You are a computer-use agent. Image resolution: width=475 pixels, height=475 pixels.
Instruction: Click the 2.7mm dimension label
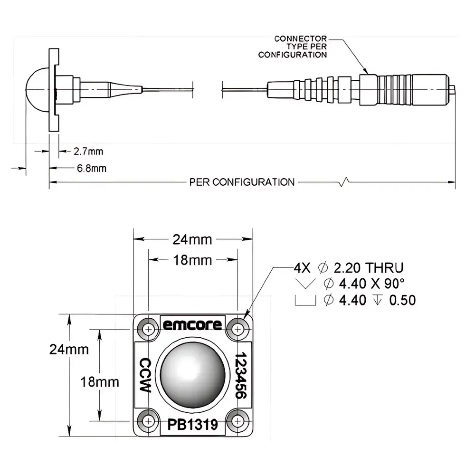pyautogui.click(x=88, y=152)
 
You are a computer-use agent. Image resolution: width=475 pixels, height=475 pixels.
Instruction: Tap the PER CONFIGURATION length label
pyautogui.click(x=242, y=182)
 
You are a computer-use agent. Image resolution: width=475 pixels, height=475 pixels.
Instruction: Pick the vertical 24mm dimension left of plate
pyautogui.click(x=69, y=349)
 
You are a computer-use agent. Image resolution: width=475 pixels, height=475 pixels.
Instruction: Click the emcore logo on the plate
pyautogui.click(x=192, y=325)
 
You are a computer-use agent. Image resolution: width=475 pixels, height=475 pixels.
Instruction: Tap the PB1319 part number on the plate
pyautogui.click(x=192, y=424)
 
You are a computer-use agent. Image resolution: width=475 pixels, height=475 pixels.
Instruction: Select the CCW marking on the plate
pyautogui.click(x=144, y=375)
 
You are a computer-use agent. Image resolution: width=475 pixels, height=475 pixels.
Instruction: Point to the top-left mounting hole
pyautogui.click(x=149, y=329)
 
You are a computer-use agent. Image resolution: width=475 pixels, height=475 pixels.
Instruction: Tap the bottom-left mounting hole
pyautogui.click(x=149, y=420)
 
